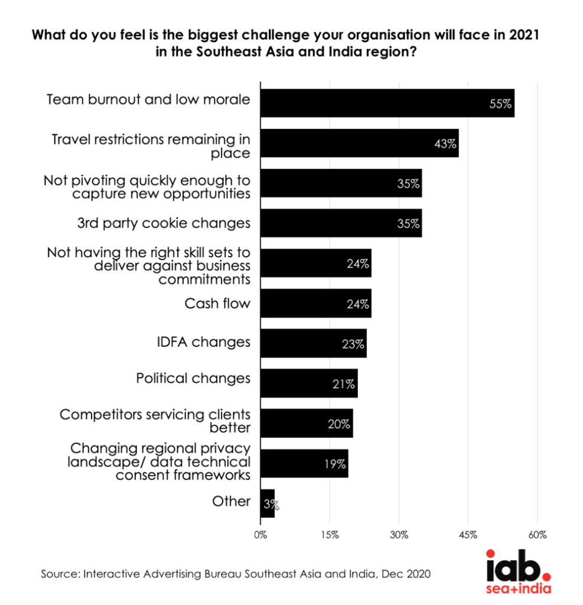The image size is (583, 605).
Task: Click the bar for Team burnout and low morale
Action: click(387, 103)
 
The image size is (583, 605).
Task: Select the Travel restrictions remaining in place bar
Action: click(359, 143)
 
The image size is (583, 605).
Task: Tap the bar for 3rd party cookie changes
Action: click(341, 223)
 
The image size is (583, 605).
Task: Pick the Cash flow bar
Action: click(315, 304)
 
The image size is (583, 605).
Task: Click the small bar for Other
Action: click(267, 503)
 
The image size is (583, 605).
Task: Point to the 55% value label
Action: click(501, 103)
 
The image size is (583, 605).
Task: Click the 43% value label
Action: click(445, 144)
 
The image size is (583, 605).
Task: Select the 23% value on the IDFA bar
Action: click(353, 344)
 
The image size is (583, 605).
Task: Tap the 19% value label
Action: click(335, 464)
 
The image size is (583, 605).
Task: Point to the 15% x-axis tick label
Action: click(330, 535)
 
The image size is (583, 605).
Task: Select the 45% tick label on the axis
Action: click(468, 535)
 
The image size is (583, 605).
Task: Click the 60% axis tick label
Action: click(537, 535)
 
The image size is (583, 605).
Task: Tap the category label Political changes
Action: click(193, 378)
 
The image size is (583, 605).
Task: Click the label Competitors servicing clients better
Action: click(155, 420)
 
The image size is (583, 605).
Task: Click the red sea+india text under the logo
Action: click(519, 590)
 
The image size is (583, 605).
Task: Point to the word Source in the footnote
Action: click(59, 574)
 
